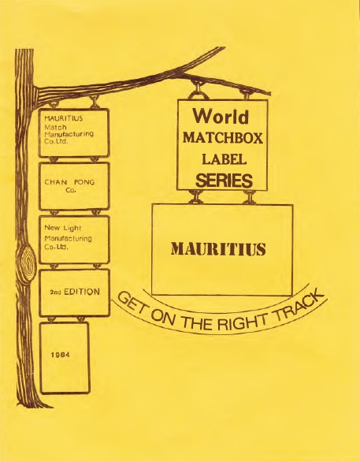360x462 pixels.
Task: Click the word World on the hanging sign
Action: [x=221, y=117]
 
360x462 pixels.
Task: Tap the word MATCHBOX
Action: [x=222, y=138]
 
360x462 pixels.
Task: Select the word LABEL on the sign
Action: [x=224, y=159]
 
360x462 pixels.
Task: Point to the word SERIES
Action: [x=224, y=181]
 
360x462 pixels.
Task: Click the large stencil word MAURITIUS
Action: [x=218, y=249]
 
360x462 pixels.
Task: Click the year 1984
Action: [x=61, y=355]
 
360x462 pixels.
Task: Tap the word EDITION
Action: [x=82, y=292]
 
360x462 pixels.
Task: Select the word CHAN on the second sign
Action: [x=56, y=182]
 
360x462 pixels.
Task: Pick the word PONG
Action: [x=84, y=182]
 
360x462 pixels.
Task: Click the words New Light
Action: [x=63, y=229]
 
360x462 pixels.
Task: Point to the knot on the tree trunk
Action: [x=27, y=260]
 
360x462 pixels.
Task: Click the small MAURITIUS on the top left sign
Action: [x=64, y=118]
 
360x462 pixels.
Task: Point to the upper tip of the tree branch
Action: [x=225, y=47]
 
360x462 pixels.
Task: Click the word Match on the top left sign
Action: [x=55, y=127]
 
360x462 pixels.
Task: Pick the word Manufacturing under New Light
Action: [x=68, y=238]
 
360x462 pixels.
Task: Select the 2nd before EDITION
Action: [x=55, y=292]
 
